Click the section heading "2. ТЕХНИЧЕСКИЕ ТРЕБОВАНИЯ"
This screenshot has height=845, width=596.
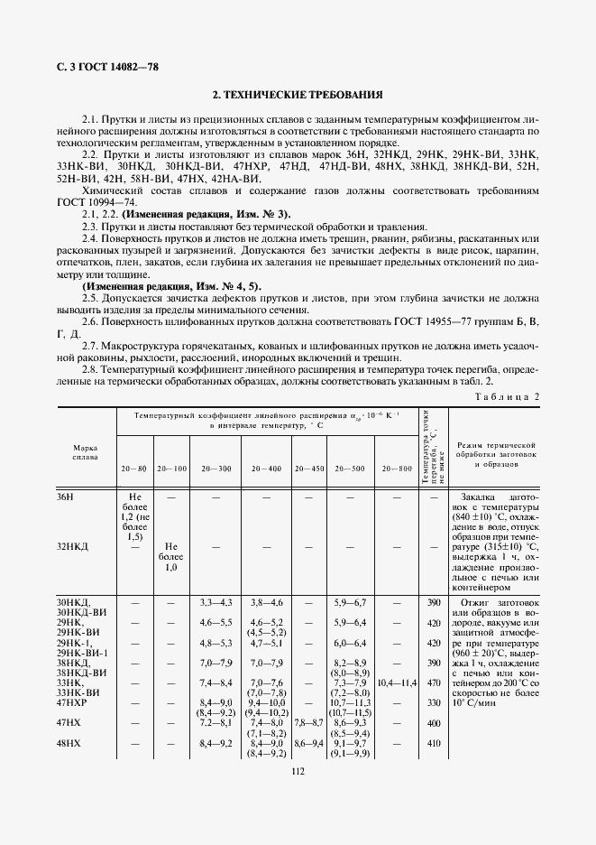tap(298, 94)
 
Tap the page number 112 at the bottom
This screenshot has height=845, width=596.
tap(298, 820)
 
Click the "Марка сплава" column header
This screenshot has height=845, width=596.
tap(85, 451)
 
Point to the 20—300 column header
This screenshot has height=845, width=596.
tap(216, 469)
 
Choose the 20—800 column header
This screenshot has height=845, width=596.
tap(397, 469)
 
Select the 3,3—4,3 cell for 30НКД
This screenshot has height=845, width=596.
tap(216, 602)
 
